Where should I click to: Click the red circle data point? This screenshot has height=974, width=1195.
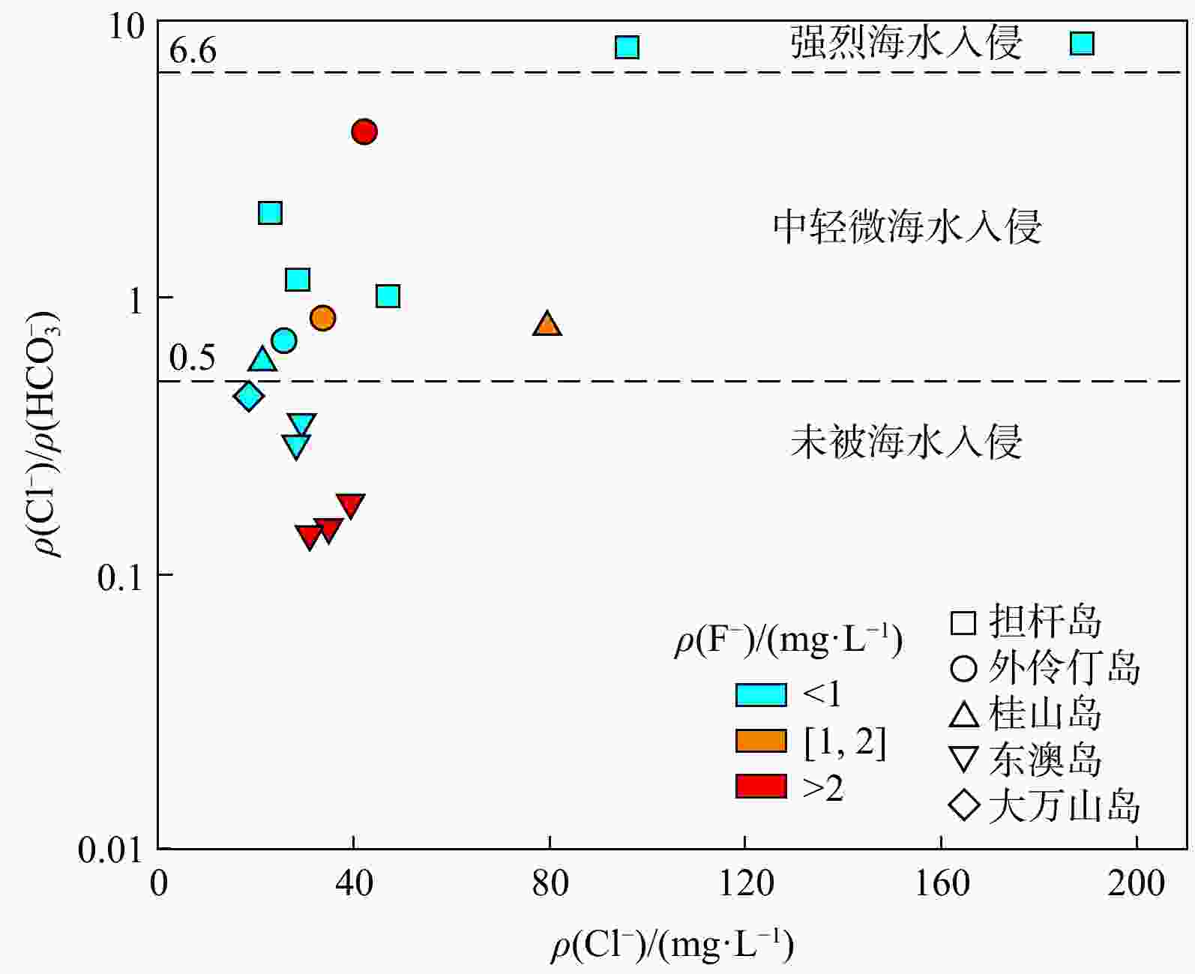[x=364, y=132]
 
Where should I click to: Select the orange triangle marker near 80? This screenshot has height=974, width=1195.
[x=547, y=325]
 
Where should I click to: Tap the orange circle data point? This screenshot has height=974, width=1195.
[x=322, y=318]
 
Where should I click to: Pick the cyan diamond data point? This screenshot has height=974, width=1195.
[x=249, y=396]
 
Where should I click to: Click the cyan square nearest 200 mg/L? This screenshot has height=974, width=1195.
[x=1082, y=43]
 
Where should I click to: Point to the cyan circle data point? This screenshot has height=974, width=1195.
[x=283, y=340]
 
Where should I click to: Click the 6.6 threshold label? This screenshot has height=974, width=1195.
[x=193, y=51]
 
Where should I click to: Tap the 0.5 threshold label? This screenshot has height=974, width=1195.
[x=193, y=358]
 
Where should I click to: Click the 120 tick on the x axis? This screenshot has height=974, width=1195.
[x=745, y=884]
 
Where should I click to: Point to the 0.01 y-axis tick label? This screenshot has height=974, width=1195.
[x=110, y=850]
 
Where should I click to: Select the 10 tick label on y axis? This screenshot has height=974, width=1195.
[x=126, y=27]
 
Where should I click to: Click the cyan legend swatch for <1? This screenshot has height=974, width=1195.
[x=761, y=695]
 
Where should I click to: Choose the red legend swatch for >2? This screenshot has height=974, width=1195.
[x=761, y=787]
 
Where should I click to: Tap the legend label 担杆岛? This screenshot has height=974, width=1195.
[x=1045, y=621]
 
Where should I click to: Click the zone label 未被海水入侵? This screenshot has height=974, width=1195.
[x=906, y=442]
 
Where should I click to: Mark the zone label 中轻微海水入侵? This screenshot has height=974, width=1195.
[x=907, y=226]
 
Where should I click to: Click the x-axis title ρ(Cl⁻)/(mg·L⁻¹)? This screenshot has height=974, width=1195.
[x=672, y=946]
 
